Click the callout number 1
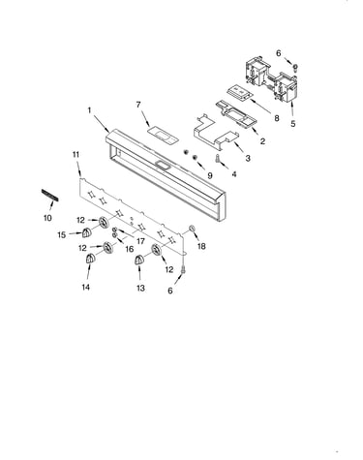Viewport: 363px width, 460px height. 89,110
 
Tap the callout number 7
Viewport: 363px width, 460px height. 138,105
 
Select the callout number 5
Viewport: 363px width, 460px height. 292,124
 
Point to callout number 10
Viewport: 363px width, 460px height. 47,218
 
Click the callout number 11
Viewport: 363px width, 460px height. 76,155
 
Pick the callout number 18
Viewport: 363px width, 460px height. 201,246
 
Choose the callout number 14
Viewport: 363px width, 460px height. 85,287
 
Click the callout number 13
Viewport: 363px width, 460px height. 140,288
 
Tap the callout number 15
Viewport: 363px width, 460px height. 62,234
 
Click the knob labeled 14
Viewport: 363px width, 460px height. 89,259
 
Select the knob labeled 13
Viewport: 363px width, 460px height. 139,260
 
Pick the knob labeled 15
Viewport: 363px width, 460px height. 86,232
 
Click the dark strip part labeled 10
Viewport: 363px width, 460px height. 50,196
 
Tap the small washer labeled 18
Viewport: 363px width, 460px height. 191,229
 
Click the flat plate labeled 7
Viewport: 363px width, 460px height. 163,135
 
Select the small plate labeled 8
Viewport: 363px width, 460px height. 239,92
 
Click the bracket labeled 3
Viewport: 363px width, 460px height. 216,131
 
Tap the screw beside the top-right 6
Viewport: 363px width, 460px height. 295,67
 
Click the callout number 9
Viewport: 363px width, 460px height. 210,175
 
